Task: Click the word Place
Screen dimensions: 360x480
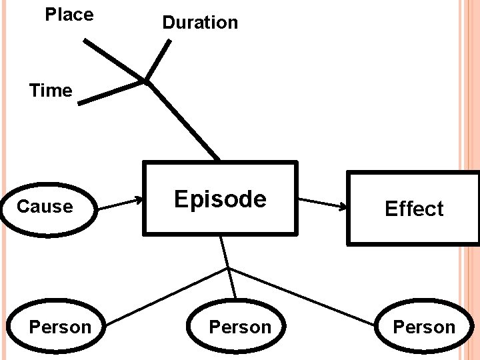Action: click(x=69, y=15)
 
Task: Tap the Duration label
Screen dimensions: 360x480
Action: click(x=200, y=23)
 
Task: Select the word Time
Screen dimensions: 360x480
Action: click(x=51, y=91)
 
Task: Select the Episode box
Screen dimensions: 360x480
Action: click(x=220, y=199)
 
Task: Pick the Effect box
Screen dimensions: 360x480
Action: click(x=413, y=209)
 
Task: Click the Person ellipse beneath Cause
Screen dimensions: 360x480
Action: click(x=60, y=327)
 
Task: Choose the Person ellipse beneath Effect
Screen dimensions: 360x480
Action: click(x=423, y=327)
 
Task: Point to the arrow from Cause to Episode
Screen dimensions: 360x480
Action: click(x=121, y=203)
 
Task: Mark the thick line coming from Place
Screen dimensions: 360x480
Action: click(x=113, y=60)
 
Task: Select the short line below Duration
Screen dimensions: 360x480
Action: click(x=158, y=61)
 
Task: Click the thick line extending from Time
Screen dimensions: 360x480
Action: click(x=111, y=93)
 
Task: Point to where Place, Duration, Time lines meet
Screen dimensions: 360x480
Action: click(x=145, y=82)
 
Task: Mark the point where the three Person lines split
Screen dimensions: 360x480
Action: click(x=227, y=269)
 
